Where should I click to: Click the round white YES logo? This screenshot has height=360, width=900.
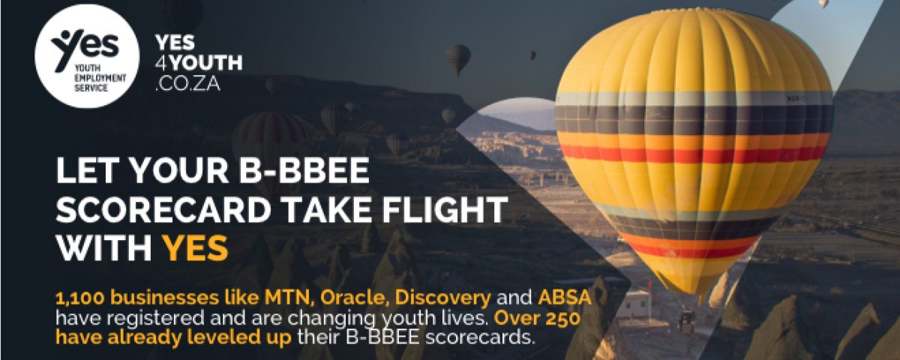point(87,55)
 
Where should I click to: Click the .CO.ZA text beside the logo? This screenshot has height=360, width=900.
point(188,83)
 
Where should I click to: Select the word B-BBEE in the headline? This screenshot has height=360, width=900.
point(304,170)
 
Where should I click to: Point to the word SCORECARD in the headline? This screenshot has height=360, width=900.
point(163,209)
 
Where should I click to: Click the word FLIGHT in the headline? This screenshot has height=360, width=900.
point(444,209)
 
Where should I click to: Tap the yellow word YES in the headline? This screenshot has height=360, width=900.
point(195,247)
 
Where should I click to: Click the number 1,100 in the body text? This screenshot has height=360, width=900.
point(80,298)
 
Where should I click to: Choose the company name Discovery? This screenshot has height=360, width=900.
point(442,298)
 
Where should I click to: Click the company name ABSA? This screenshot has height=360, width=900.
point(565,298)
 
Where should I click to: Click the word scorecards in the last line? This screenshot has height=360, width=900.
point(481,337)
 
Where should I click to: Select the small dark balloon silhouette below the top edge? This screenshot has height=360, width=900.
point(458,58)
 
